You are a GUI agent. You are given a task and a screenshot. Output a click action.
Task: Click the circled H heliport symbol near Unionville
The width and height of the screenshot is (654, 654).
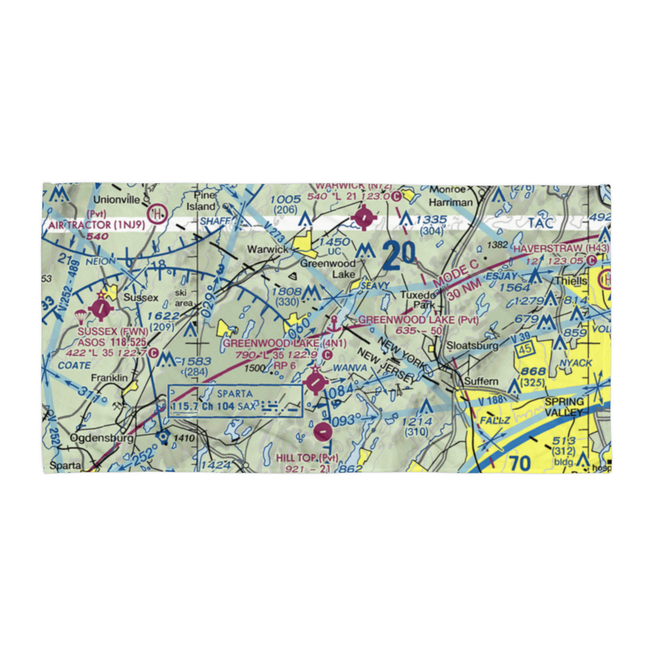point(156,214)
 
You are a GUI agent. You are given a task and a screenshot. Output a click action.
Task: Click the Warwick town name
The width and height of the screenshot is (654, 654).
point(267,250)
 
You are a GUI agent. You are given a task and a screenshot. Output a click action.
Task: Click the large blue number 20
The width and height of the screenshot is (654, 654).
point(399,256)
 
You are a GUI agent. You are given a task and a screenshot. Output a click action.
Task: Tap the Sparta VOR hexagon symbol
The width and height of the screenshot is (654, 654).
point(163,434)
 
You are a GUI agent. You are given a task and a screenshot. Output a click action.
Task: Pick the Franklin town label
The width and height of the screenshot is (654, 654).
point(111,377)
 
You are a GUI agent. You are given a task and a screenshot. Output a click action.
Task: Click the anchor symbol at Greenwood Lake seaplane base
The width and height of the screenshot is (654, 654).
point(334,322)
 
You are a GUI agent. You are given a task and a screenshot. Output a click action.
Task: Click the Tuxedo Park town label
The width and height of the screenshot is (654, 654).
point(419,300)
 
